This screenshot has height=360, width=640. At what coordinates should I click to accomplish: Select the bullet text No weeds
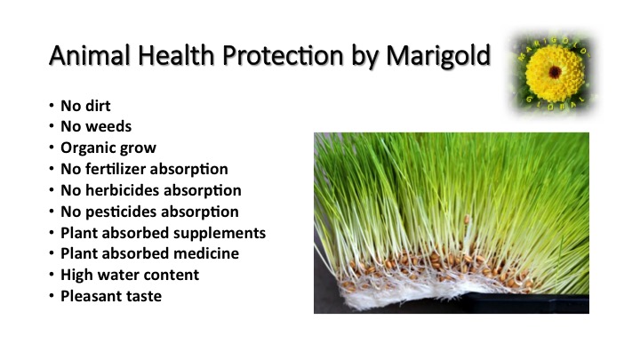click(95, 126)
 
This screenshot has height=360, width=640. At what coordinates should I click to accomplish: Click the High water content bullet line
click(129, 275)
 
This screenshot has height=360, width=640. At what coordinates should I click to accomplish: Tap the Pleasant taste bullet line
click(111, 296)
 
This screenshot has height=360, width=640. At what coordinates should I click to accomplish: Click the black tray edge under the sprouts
click(533, 304)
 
